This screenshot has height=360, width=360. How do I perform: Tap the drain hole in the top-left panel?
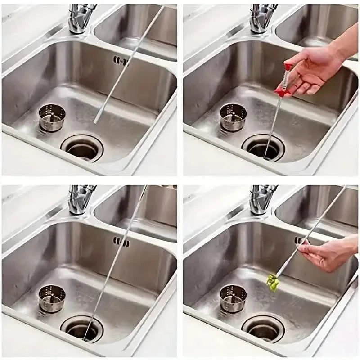click(x=83, y=148)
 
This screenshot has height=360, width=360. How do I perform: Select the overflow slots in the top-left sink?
click(x=119, y=60)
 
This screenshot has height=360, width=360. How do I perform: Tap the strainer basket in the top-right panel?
click(x=233, y=117)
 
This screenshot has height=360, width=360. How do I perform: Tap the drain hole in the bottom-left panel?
click(x=83, y=330)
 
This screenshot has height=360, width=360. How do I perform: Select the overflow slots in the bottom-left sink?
click(x=119, y=242)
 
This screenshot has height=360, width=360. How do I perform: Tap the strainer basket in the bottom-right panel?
click(x=233, y=298)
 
